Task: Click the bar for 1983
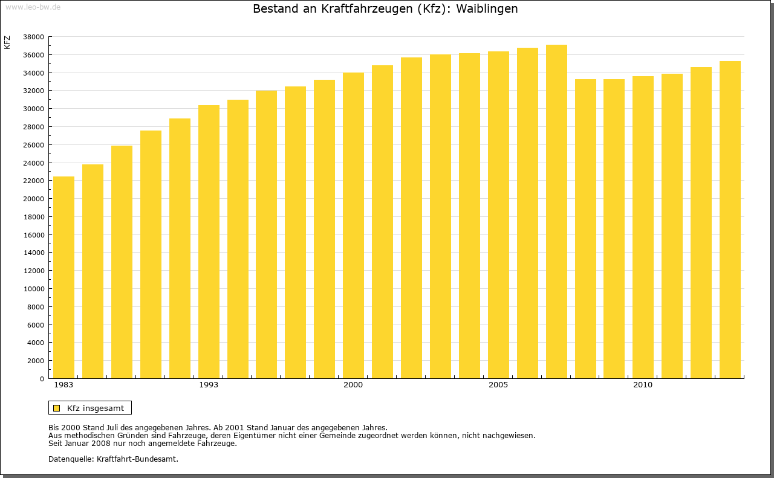tap(63, 278)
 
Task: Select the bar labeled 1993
tap(209, 242)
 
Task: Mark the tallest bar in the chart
tap(556, 212)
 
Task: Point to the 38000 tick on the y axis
tap(33, 37)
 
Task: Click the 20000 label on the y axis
tap(33, 199)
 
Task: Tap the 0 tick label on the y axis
tap(41, 379)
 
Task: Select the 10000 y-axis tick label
tap(33, 289)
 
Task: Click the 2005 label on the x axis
tap(498, 385)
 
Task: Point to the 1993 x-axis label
tap(209, 385)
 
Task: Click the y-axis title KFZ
tap(7, 42)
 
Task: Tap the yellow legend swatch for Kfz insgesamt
tap(57, 408)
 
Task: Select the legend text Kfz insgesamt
tap(96, 408)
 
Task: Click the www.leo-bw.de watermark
tap(32, 6)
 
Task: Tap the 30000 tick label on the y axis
tap(33, 109)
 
